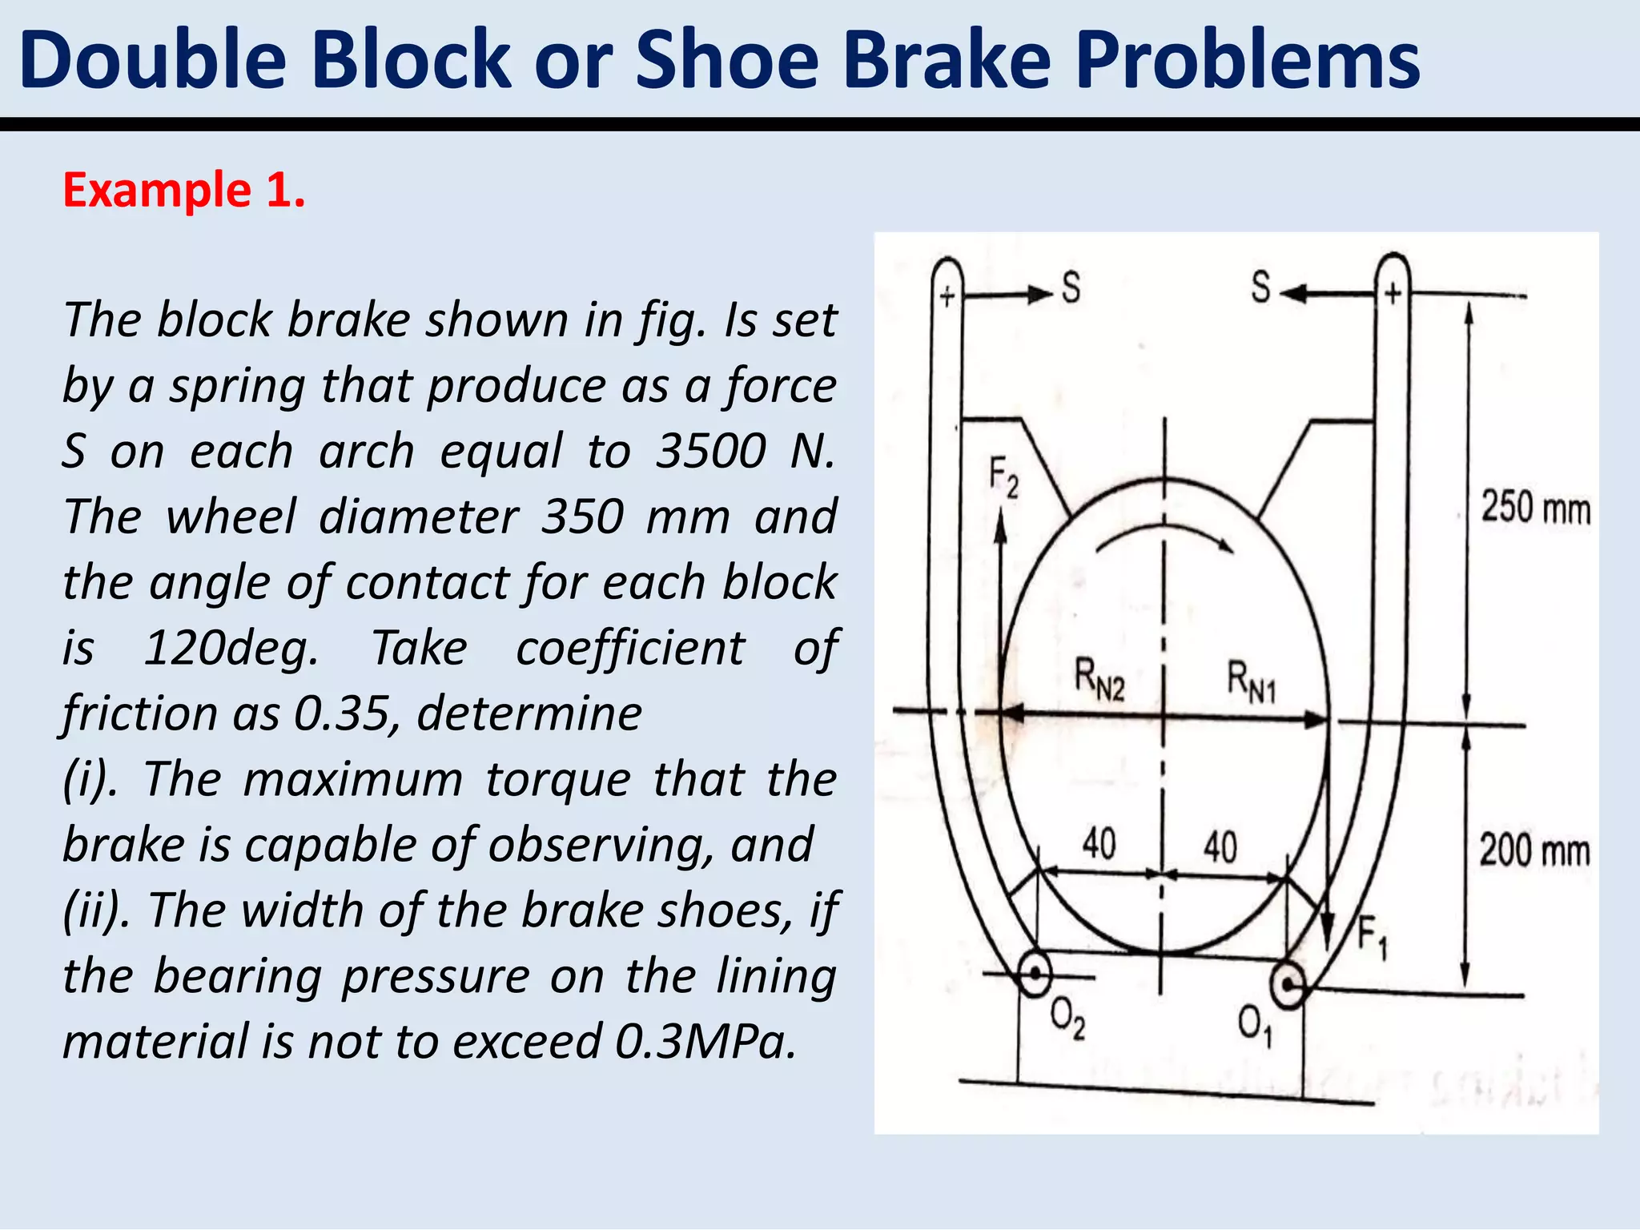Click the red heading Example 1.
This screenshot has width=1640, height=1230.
pyautogui.click(x=184, y=191)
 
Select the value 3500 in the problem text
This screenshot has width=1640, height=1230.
pyautogui.click(x=711, y=451)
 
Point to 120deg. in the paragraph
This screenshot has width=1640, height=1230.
pyautogui.click(x=231, y=648)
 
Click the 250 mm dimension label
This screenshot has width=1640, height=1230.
pyautogui.click(x=1535, y=508)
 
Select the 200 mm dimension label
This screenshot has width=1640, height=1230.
pyautogui.click(x=1533, y=850)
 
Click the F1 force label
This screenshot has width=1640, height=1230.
pyautogui.click(x=1372, y=937)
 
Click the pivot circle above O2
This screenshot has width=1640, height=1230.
pyautogui.click(x=1035, y=974)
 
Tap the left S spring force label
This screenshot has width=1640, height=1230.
pyautogui.click(x=1071, y=287)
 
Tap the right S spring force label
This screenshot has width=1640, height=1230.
pyautogui.click(x=1261, y=287)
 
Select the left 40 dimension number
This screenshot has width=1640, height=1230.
pyautogui.click(x=1099, y=843)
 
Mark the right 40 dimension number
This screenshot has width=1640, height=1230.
pyautogui.click(x=1220, y=846)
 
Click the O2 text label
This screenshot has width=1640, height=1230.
pyautogui.click(x=1067, y=1019)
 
